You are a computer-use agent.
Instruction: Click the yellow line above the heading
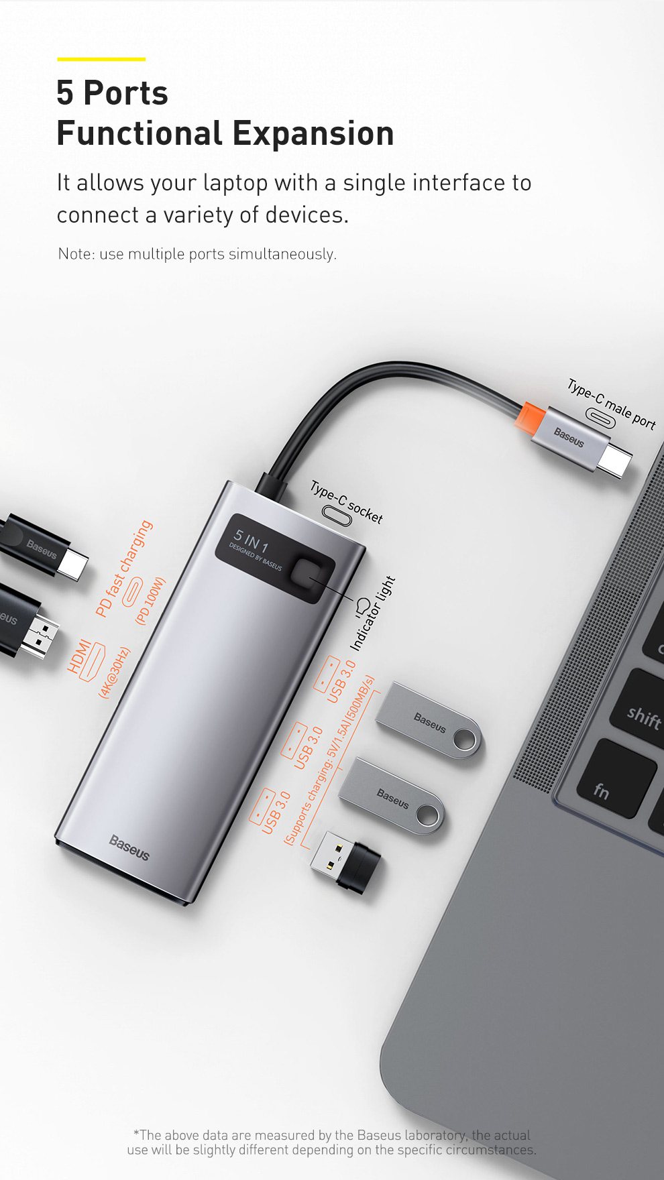(x=101, y=59)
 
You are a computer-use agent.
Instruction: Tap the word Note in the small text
(x=74, y=254)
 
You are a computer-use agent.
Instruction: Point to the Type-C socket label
(x=346, y=501)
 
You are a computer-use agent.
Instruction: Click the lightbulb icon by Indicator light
(x=362, y=607)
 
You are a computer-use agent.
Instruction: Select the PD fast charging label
(x=124, y=569)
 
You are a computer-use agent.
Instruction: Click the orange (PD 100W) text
(x=150, y=601)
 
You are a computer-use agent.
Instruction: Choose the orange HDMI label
(x=79, y=656)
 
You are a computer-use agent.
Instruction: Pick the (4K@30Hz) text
(x=114, y=673)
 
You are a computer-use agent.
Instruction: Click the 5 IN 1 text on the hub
(x=250, y=540)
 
